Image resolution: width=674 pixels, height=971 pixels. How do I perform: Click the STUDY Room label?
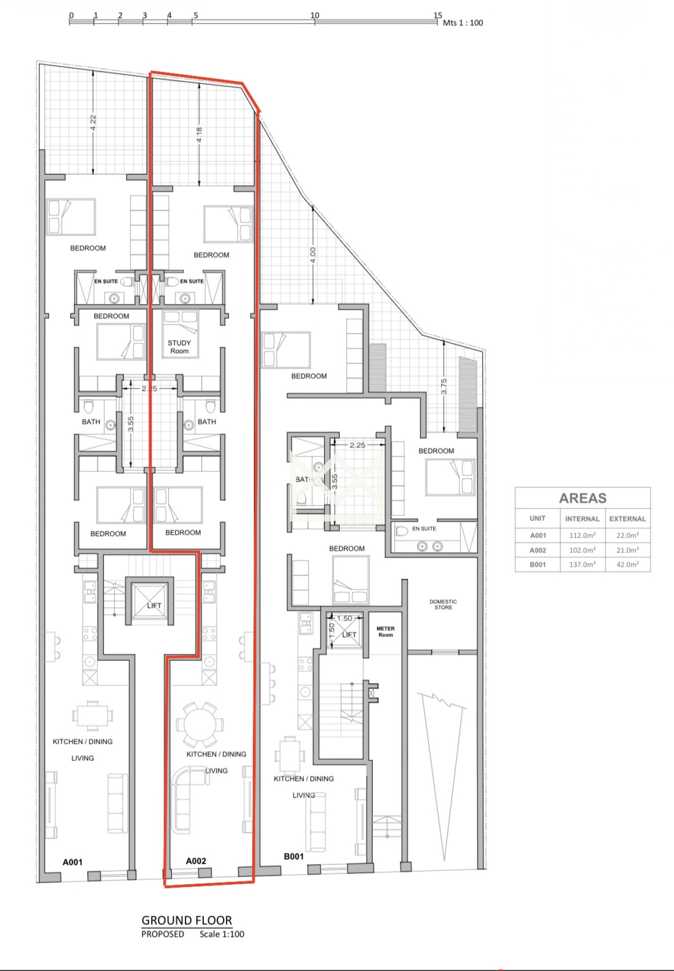pyautogui.click(x=179, y=347)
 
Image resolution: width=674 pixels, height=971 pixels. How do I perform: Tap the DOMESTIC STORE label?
pyautogui.click(x=443, y=604)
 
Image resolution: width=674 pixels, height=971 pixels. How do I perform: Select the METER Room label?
pyautogui.click(x=386, y=632)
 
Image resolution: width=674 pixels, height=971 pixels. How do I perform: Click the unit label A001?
pyautogui.click(x=72, y=862)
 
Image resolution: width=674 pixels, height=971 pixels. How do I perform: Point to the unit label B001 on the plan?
pyautogui.click(x=294, y=856)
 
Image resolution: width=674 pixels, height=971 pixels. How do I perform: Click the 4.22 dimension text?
pyautogui.click(x=93, y=123)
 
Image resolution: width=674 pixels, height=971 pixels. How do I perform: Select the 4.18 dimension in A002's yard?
pyautogui.click(x=199, y=135)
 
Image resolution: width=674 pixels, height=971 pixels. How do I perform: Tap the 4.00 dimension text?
pyautogui.click(x=313, y=255)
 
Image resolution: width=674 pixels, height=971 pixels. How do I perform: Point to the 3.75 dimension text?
pyautogui.click(x=444, y=386)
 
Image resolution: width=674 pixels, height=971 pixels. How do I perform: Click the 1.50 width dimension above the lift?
pyautogui.click(x=345, y=619)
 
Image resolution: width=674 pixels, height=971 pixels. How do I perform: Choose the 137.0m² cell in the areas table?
pyautogui.click(x=582, y=565)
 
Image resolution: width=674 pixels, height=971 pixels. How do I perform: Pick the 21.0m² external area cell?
pyautogui.click(x=627, y=550)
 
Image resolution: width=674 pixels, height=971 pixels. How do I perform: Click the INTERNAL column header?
pyautogui.click(x=582, y=519)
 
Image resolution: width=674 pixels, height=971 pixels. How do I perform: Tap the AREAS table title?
pyautogui.click(x=583, y=498)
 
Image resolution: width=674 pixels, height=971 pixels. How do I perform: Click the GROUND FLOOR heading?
pyautogui.click(x=187, y=920)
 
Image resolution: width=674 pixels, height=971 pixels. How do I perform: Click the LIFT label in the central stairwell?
pyautogui.click(x=154, y=605)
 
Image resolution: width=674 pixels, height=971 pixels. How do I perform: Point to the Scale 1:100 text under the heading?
pyautogui.click(x=222, y=934)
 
